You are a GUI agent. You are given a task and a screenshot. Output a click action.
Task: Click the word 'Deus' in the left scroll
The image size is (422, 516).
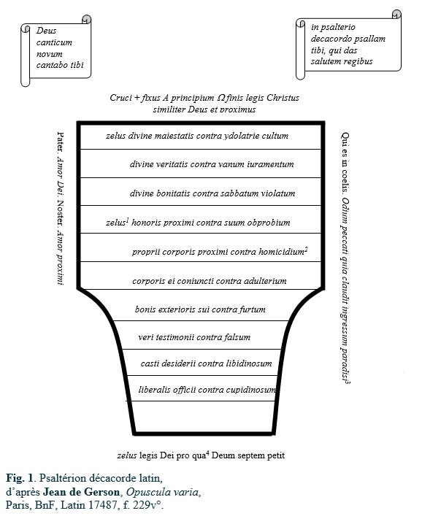47,31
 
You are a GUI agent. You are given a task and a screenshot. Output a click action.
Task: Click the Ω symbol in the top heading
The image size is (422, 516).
220,98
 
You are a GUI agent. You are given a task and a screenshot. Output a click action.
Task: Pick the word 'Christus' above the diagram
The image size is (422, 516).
283,98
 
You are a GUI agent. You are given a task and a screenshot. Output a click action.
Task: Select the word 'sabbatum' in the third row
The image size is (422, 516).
239,193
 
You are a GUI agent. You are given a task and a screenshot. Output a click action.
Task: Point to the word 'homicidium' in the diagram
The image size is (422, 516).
281,252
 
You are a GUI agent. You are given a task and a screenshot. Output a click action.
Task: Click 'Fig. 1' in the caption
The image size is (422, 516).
20,478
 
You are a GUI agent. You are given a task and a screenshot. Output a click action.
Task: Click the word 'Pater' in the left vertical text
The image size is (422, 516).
61,142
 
